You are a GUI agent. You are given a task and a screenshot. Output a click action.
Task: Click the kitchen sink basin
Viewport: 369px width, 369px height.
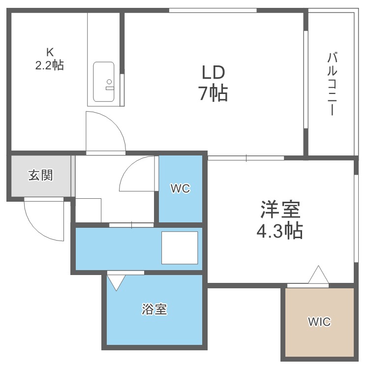104,82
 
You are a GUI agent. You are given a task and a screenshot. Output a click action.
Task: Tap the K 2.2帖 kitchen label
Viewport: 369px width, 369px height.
49,59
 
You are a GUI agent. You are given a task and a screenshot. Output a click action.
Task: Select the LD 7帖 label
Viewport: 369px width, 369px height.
213,82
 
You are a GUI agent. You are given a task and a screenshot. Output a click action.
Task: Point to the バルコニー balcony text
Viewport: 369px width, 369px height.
332,84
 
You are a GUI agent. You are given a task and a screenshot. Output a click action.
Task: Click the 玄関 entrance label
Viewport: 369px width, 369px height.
40,175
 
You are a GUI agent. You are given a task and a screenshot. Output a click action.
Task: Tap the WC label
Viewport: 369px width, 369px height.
180,188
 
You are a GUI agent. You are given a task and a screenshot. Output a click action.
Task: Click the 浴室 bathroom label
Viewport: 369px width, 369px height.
154,309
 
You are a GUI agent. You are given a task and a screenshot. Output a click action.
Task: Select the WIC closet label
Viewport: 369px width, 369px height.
319,322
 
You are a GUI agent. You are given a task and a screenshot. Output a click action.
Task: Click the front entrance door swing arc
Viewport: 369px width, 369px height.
42,221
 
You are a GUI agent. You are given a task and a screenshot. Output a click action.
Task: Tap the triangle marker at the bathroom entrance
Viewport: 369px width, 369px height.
117,282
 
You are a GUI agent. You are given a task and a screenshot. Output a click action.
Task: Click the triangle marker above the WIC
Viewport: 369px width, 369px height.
319,275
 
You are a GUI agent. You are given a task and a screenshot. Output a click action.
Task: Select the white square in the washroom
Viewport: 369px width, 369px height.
180,248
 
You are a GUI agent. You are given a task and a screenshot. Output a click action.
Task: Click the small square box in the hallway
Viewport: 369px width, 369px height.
89,210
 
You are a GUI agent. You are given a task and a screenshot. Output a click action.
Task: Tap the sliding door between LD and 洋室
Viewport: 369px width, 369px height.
246,158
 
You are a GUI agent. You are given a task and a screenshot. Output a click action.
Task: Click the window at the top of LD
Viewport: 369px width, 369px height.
213,10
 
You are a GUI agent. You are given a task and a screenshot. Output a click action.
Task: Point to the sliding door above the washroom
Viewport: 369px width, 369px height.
131,225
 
